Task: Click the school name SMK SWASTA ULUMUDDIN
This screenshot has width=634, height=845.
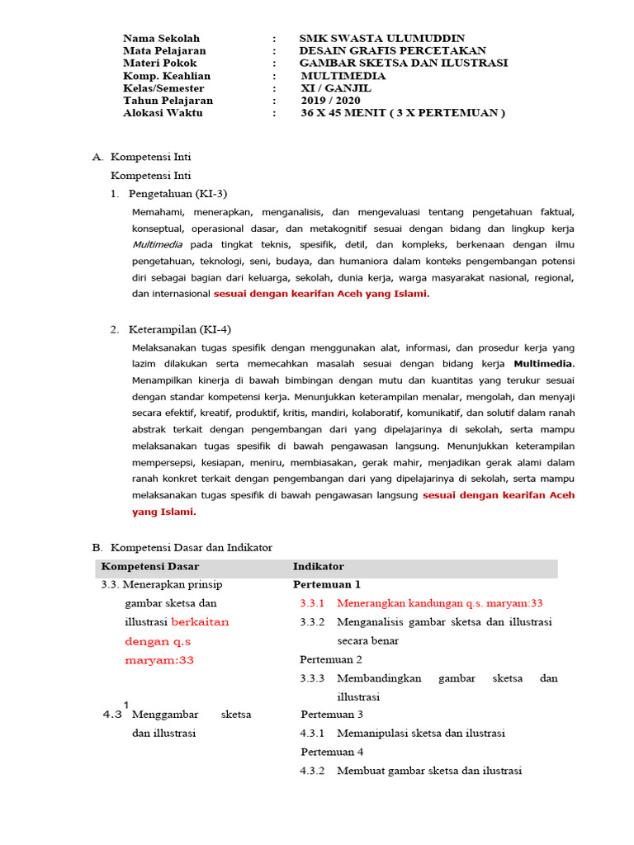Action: tap(381, 39)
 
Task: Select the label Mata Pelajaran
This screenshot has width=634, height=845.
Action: tap(164, 51)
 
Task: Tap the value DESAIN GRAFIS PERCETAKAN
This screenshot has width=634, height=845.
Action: tap(392, 51)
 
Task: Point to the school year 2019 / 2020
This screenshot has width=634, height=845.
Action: tap(330, 101)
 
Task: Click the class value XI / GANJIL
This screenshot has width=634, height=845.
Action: tap(336, 88)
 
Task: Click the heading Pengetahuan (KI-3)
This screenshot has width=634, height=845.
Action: tap(177, 193)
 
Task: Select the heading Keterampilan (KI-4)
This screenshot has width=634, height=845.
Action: tap(179, 329)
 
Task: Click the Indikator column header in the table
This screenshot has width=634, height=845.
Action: tap(318, 566)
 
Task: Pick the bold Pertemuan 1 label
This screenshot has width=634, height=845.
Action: tap(327, 585)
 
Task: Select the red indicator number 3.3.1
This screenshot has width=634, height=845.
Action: tap(313, 603)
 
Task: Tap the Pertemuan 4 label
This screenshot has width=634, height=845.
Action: tap(332, 752)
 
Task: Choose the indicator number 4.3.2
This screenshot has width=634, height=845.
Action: tap(313, 771)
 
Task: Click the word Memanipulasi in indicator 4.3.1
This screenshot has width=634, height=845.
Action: tap(372, 733)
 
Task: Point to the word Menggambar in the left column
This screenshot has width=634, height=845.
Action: tap(165, 714)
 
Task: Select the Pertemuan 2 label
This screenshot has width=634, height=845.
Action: tap(330, 659)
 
